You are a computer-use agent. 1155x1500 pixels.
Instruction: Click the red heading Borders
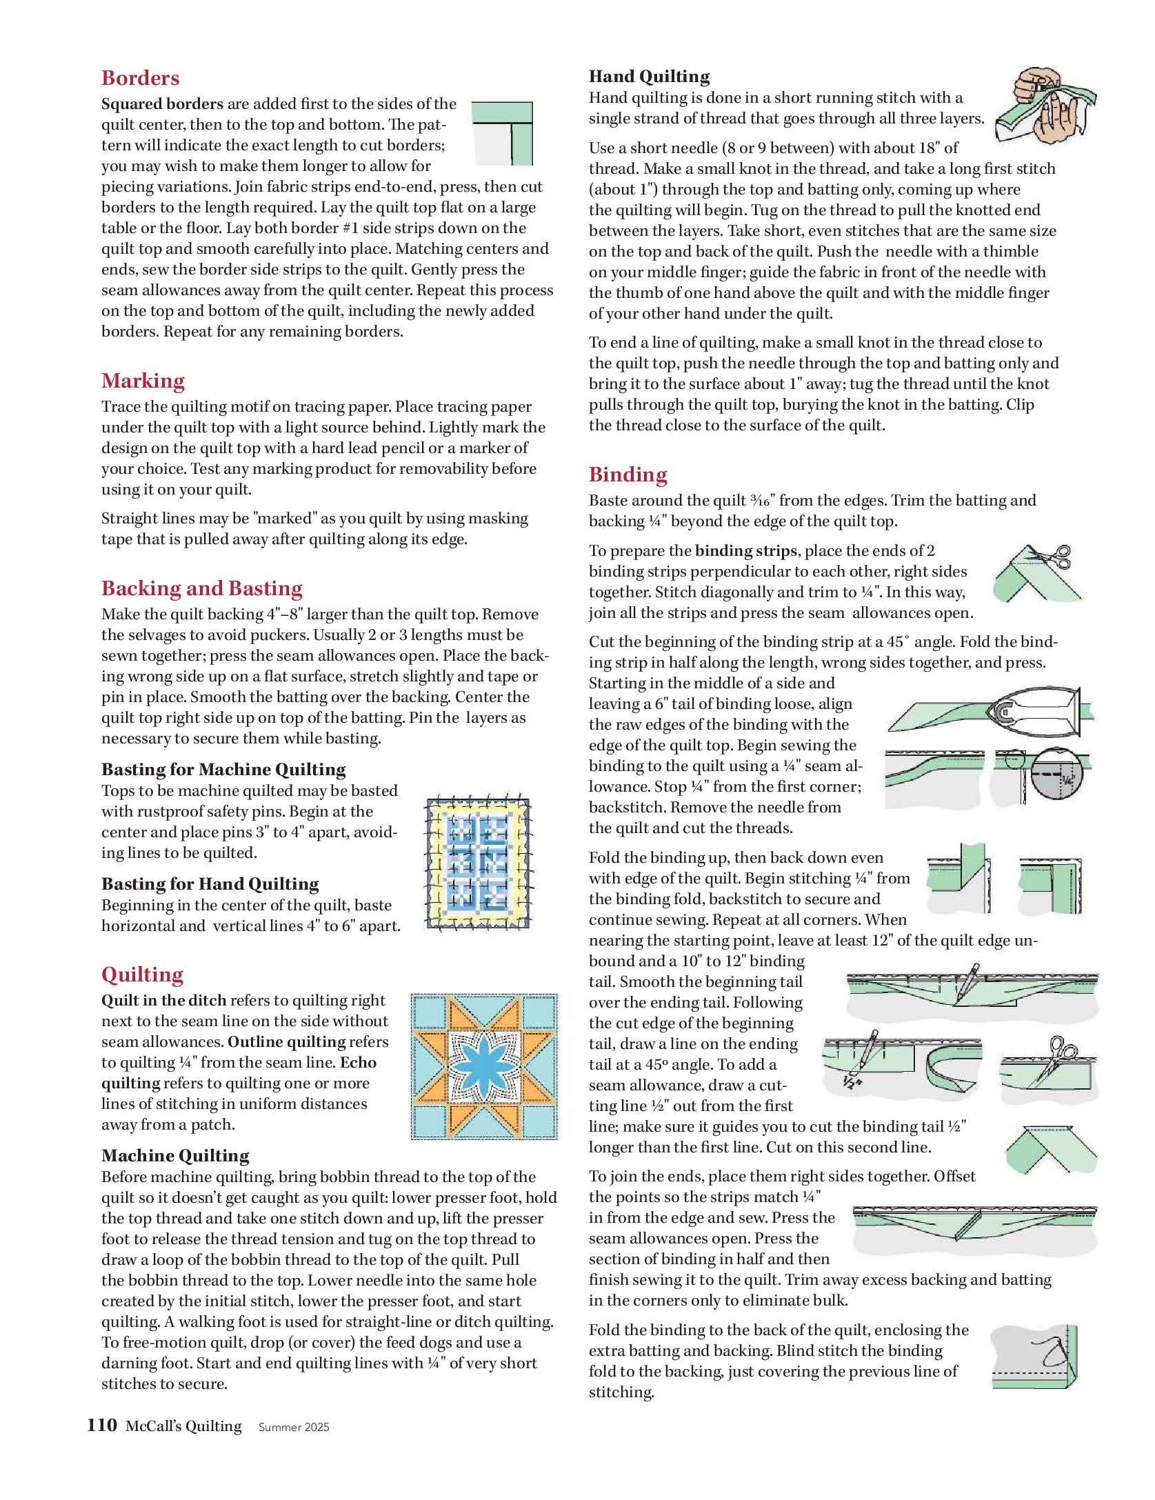pos(140,78)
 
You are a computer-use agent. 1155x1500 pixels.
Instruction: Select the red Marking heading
pos(143,381)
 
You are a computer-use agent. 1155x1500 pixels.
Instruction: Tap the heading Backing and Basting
pos(201,588)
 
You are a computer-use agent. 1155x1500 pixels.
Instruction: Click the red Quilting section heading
pos(142,974)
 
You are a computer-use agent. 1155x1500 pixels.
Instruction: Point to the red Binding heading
pos(627,474)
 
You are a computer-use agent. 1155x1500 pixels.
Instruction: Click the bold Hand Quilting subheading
pos(649,77)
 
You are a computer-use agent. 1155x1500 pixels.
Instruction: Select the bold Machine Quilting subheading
pos(175,1156)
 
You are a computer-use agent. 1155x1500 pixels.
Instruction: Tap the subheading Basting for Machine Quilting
pos(223,770)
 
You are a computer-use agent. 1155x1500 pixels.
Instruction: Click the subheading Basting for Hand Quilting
pos(210,884)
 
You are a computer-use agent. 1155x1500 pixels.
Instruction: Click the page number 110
pos(102,1425)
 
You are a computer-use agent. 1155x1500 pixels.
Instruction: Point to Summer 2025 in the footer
pos(294,1427)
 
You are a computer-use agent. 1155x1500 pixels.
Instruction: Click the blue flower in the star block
pos(483,1067)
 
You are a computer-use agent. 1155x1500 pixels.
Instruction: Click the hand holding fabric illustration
pos(1044,105)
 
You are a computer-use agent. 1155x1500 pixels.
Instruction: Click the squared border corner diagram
pos(503,133)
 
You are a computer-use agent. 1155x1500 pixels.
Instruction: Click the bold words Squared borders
pos(162,104)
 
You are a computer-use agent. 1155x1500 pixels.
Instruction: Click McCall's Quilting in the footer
pos(183,1426)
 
